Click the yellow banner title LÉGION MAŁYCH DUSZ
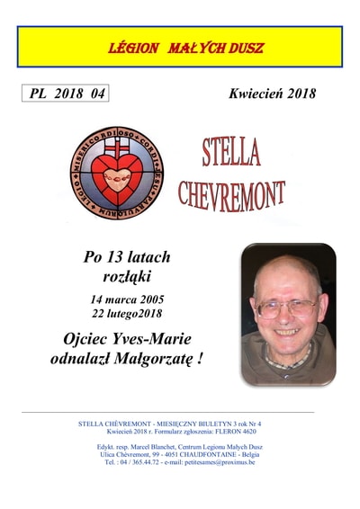pyautogui.click(x=180, y=46)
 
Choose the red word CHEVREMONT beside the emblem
pyautogui.click(x=231, y=192)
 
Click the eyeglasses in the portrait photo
pyautogui.click(x=285, y=306)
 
